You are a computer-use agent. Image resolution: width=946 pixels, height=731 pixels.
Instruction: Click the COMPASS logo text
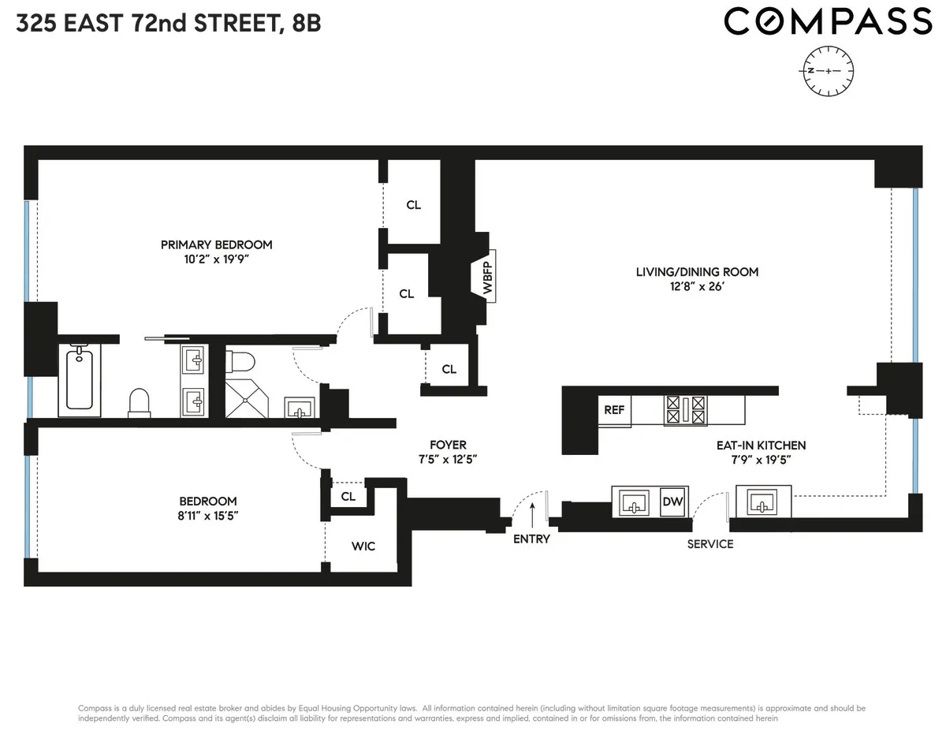click(x=827, y=22)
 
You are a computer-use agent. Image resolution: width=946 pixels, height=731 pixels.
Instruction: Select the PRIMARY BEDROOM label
click(x=216, y=244)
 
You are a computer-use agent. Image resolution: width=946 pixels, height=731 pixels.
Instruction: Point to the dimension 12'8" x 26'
click(x=697, y=287)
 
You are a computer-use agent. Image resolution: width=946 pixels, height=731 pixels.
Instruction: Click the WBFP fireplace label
click(x=487, y=277)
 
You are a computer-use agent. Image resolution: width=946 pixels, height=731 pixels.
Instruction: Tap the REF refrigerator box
click(x=614, y=410)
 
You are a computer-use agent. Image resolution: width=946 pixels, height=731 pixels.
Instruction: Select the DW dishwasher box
click(x=672, y=502)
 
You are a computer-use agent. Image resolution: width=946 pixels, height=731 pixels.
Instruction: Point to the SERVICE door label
click(x=709, y=544)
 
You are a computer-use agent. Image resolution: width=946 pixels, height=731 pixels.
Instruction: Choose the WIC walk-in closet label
click(x=363, y=546)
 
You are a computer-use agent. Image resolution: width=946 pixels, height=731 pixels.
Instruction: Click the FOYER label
click(x=448, y=445)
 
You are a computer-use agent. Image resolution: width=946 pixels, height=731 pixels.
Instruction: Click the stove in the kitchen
click(x=685, y=410)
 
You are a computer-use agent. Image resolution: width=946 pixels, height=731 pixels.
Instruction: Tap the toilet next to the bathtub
click(x=140, y=401)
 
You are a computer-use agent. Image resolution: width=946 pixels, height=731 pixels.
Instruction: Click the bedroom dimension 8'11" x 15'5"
click(x=208, y=516)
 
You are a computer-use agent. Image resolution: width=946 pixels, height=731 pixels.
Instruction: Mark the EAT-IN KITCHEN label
click(x=761, y=446)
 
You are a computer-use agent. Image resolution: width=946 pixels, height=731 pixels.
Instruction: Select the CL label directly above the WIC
click(x=348, y=497)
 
